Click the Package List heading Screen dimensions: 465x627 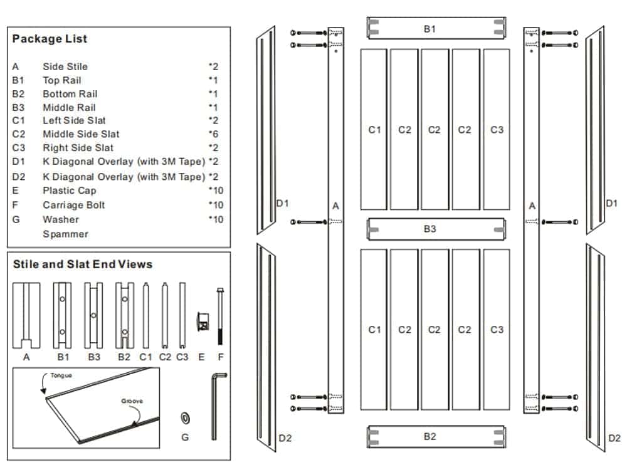pyautogui.click(x=50, y=39)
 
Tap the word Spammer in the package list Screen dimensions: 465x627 pyautogui.click(x=65, y=234)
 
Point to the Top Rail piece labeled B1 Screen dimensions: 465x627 pyautogui.click(x=436, y=29)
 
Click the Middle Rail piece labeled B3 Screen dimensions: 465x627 pyautogui.click(x=436, y=229)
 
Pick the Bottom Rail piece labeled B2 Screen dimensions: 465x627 pyautogui.click(x=436, y=437)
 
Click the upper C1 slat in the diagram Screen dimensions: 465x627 pyautogui.click(x=374, y=130)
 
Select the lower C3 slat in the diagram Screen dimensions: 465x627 pyautogui.click(x=496, y=330)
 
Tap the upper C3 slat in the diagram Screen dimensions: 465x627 pyautogui.click(x=496, y=130)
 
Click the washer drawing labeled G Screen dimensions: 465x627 pyautogui.click(x=185, y=418)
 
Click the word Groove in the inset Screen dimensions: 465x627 pyautogui.click(x=132, y=400)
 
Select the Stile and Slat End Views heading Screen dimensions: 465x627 pyautogui.click(x=83, y=264)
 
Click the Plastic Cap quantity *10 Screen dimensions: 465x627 pyautogui.click(x=216, y=191)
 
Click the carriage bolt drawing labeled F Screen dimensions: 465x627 pyautogui.click(x=220, y=316)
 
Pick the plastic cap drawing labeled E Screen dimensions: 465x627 pyautogui.click(x=202, y=321)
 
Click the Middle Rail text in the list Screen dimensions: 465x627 pyautogui.click(x=69, y=108)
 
